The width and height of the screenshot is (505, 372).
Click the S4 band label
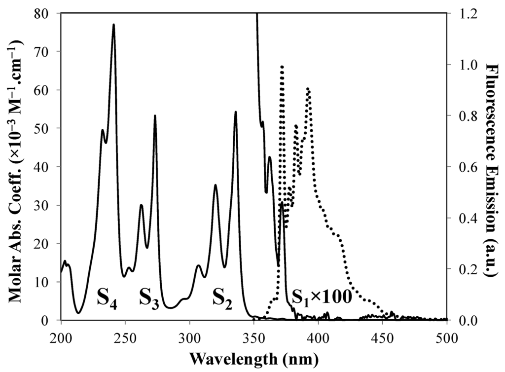(x=107, y=299)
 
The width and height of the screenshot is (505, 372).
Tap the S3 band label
(x=148, y=299)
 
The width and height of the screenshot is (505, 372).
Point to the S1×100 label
(x=322, y=297)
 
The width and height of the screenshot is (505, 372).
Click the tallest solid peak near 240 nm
(x=114, y=24)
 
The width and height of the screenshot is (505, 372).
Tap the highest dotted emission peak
(x=282, y=66)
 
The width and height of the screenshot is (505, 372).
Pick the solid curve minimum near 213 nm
(x=78, y=313)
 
